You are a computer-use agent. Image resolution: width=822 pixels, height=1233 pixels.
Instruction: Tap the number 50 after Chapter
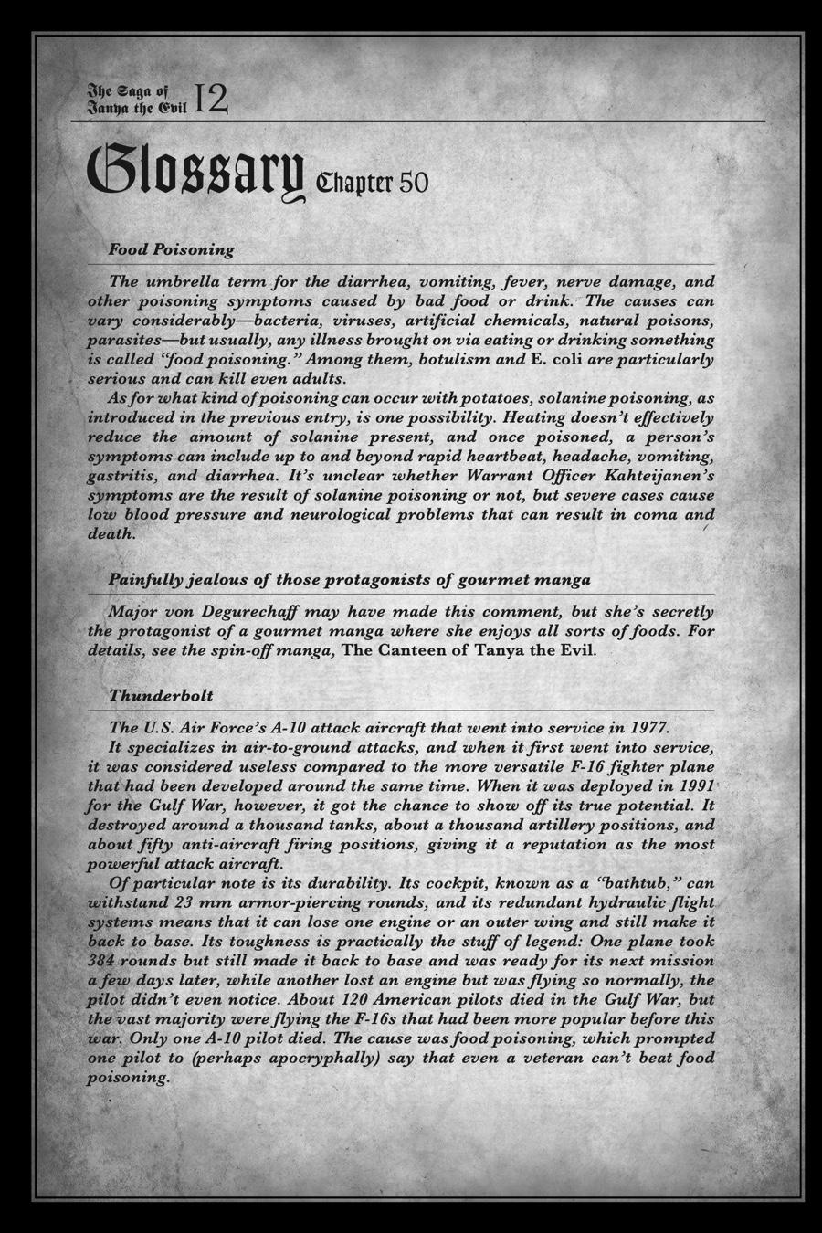click(413, 183)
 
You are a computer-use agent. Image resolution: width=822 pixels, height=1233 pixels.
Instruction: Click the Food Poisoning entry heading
click(172, 248)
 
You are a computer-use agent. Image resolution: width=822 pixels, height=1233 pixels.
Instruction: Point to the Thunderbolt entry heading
click(161, 695)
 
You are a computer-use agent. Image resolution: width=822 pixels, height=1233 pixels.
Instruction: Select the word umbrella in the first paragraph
click(187, 281)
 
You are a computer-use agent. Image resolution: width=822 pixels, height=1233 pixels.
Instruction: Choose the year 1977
click(649, 728)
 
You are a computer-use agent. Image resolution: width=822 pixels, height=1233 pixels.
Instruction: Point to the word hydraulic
click(614, 902)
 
